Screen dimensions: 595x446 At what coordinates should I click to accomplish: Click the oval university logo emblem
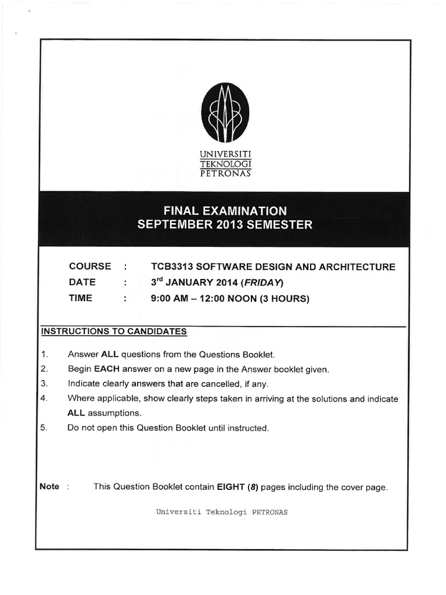[225, 113]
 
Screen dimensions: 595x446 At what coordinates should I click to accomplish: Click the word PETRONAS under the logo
[225, 173]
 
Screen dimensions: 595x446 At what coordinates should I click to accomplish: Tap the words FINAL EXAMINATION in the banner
[225, 210]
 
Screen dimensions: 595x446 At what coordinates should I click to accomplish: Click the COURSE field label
[90, 267]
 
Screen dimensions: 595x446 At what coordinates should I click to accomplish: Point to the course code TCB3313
[171, 267]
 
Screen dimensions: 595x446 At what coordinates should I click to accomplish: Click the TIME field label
[81, 299]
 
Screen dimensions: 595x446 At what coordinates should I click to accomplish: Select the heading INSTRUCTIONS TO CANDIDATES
[114, 332]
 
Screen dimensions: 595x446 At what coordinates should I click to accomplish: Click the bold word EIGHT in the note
[231, 487]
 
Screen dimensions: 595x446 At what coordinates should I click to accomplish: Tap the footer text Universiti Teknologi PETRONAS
[222, 512]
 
